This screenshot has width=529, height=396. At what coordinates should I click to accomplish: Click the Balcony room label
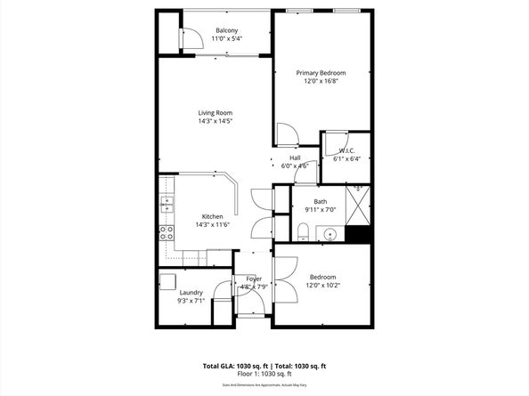coord(226,31)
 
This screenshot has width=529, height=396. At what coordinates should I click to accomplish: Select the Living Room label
coord(215,112)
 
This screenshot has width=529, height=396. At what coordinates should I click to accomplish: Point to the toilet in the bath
coord(303,233)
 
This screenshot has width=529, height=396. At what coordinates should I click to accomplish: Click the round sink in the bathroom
coord(330,235)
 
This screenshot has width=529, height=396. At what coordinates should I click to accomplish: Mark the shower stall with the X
coord(357,206)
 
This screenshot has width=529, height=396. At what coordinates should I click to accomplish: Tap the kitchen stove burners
coord(166,233)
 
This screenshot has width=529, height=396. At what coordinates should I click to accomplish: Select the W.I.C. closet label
coord(347,150)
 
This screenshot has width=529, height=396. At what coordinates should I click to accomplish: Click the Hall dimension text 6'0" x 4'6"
coord(295,166)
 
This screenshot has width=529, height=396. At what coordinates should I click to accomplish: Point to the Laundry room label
coord(191,292)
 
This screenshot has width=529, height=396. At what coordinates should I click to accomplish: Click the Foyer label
coord(255,279)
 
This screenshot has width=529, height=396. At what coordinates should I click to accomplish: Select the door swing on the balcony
coord(189,37)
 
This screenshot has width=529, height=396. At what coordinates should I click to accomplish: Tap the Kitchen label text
coord(212,217)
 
